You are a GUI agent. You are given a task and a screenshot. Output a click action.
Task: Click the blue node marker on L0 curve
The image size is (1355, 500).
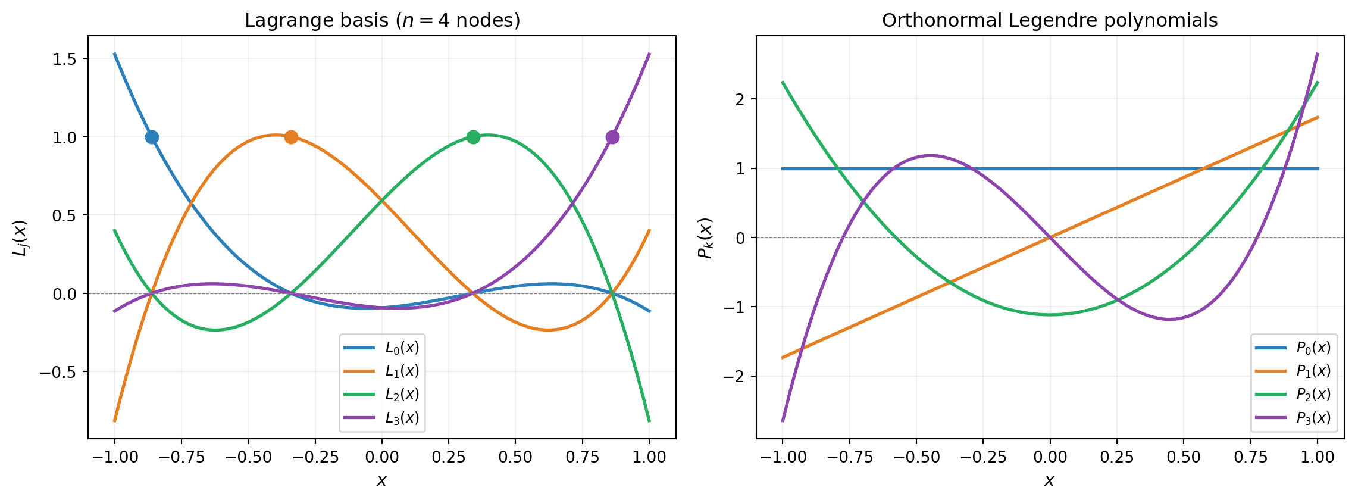152,137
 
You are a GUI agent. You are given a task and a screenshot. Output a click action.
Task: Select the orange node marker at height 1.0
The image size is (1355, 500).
291,137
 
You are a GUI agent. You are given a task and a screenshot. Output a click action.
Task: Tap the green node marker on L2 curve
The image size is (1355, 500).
473,137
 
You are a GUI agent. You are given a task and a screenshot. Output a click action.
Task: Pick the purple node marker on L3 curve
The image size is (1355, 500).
612,137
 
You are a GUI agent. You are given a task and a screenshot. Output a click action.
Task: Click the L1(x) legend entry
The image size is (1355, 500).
402,371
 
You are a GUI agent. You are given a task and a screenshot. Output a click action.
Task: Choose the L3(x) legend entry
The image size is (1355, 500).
402,418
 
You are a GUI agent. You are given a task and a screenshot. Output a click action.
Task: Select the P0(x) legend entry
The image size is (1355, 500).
1313,348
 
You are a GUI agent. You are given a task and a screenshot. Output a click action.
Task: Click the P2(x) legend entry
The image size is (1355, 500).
1313,394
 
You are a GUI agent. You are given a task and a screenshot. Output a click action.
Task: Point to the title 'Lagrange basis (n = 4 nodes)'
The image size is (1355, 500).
382,20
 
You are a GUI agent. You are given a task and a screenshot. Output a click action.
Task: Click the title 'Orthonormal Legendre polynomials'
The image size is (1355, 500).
1050,20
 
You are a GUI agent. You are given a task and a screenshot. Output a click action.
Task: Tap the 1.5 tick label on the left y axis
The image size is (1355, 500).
65,59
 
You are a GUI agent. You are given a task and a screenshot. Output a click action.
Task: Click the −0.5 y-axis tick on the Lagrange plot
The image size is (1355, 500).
59,373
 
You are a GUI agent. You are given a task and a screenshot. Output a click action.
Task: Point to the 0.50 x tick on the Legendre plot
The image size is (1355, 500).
1184,457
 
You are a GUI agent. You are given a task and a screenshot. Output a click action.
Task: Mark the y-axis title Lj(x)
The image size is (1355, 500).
20,237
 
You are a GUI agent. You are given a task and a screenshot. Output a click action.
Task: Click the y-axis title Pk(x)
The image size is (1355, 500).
705,237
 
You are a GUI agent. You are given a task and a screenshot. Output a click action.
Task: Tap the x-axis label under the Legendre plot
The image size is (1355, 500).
1050,480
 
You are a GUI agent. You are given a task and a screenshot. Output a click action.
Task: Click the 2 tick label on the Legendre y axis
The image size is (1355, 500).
740,99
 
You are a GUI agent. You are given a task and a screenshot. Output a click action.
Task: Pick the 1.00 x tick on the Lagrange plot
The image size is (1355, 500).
649,457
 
